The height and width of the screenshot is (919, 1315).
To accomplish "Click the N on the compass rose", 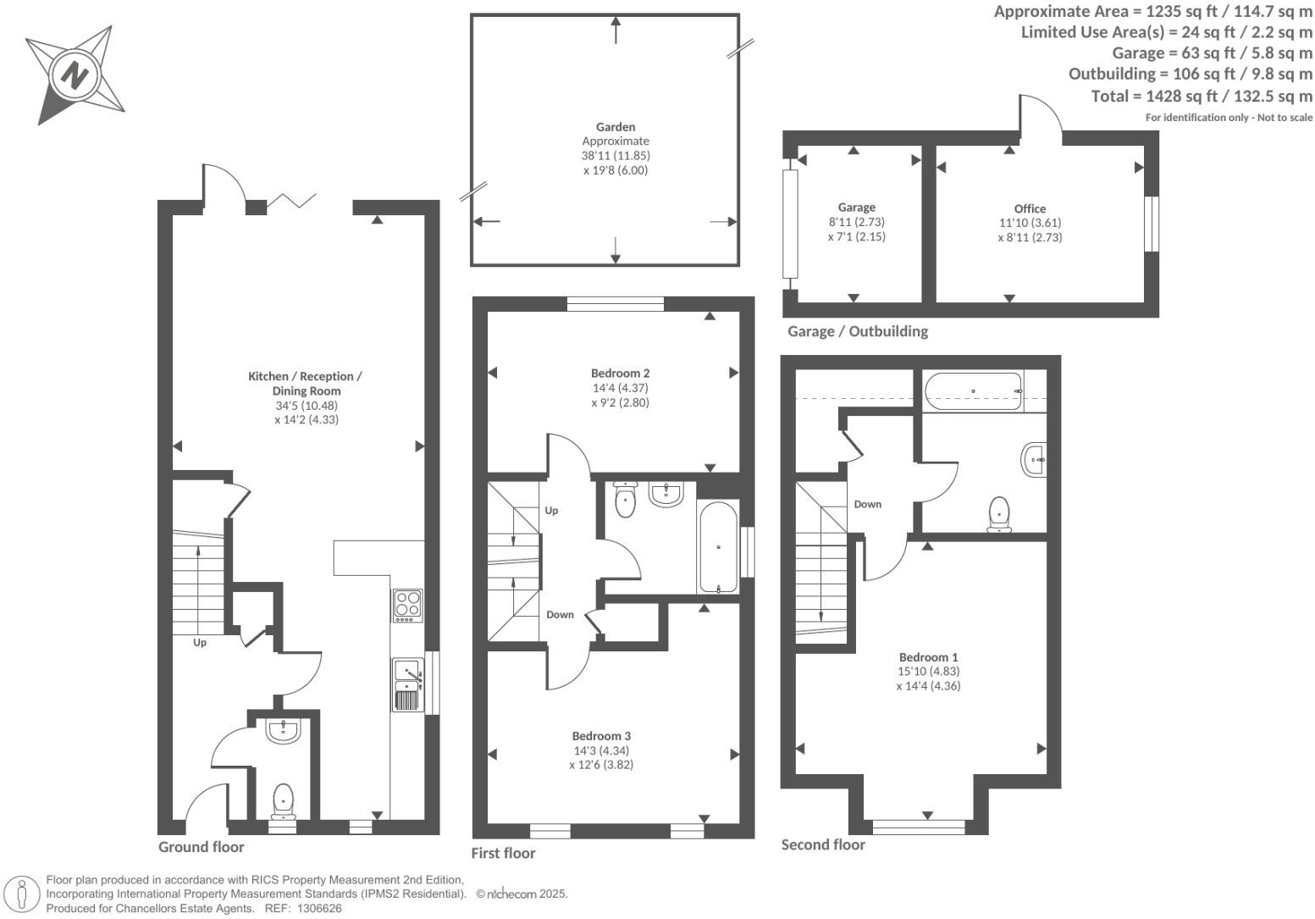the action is click(x=75, y=75).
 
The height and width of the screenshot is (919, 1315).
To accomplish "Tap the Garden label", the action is click(x=616, y=127).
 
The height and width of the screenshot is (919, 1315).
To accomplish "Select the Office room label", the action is click(x=1030, y=208).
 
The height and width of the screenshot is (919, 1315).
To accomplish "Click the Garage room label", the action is click(x=857, y=208).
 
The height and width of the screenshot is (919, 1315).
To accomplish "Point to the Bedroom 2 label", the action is click(x=620, y=373).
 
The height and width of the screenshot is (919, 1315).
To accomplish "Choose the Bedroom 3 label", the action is click(x=601, y=736).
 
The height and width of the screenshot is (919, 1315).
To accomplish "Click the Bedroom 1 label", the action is click(x=928, y=657).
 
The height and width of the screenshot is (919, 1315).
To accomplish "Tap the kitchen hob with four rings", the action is click(x=407, y=606).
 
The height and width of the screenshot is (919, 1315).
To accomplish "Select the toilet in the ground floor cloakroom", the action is click(x=283, y=801).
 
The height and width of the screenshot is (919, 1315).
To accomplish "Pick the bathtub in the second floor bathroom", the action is click(x=974, y=391).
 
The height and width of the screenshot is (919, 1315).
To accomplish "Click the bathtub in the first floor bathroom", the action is click(x=718, y=547).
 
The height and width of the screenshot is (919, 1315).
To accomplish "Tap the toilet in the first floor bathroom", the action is click(x=625, y=500).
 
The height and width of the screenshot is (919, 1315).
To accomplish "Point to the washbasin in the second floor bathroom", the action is click(x=1035, y=460).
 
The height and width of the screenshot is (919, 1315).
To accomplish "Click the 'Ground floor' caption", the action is click(x=201, y=847).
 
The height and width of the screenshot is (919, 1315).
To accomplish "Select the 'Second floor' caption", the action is click(x=823, y=844).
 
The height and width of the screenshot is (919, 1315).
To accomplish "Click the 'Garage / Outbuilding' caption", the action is click(x=858, y=331).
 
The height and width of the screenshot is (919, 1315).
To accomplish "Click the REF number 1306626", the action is click(x=319, y=909).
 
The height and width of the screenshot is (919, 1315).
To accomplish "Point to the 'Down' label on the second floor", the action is click(x=868, y=504).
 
